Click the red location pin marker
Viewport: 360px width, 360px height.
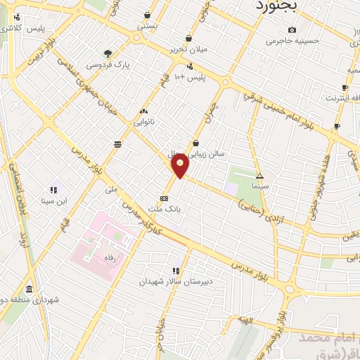point(180,166)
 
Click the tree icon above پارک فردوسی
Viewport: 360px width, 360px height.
point(107,53)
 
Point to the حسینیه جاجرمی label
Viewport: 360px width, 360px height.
point(292,41)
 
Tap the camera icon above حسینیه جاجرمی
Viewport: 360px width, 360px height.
point(292,30)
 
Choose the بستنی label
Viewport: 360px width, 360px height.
point(146,25)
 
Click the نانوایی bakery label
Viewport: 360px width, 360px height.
point(143,122)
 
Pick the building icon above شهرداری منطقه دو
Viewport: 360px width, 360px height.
point(29,289)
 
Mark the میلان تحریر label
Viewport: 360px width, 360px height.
point(186,50)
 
